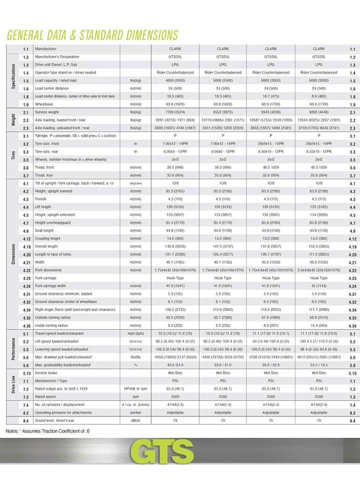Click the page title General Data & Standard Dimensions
pyautogui.click(x=92, y=35)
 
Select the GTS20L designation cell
pyautogui.click(x=175, y=57)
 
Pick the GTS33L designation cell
pyautogui.click(x=318, y=57)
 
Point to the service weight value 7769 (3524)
pyautogui.click(x=175, y=113)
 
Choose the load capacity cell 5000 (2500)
pyautogui.click(x=223, y=81)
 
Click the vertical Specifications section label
pyautogui.click(x=13, y=76)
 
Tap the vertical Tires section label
pyautogui.click(x=13, y=155)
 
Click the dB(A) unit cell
pyautogui.click(x=136, y=420)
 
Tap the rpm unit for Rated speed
pyautogui.click(x=136, y=397)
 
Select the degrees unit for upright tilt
pyautogui.click(x=136, y=183)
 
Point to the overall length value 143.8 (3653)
pyautogui.click(x=175, y=246)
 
